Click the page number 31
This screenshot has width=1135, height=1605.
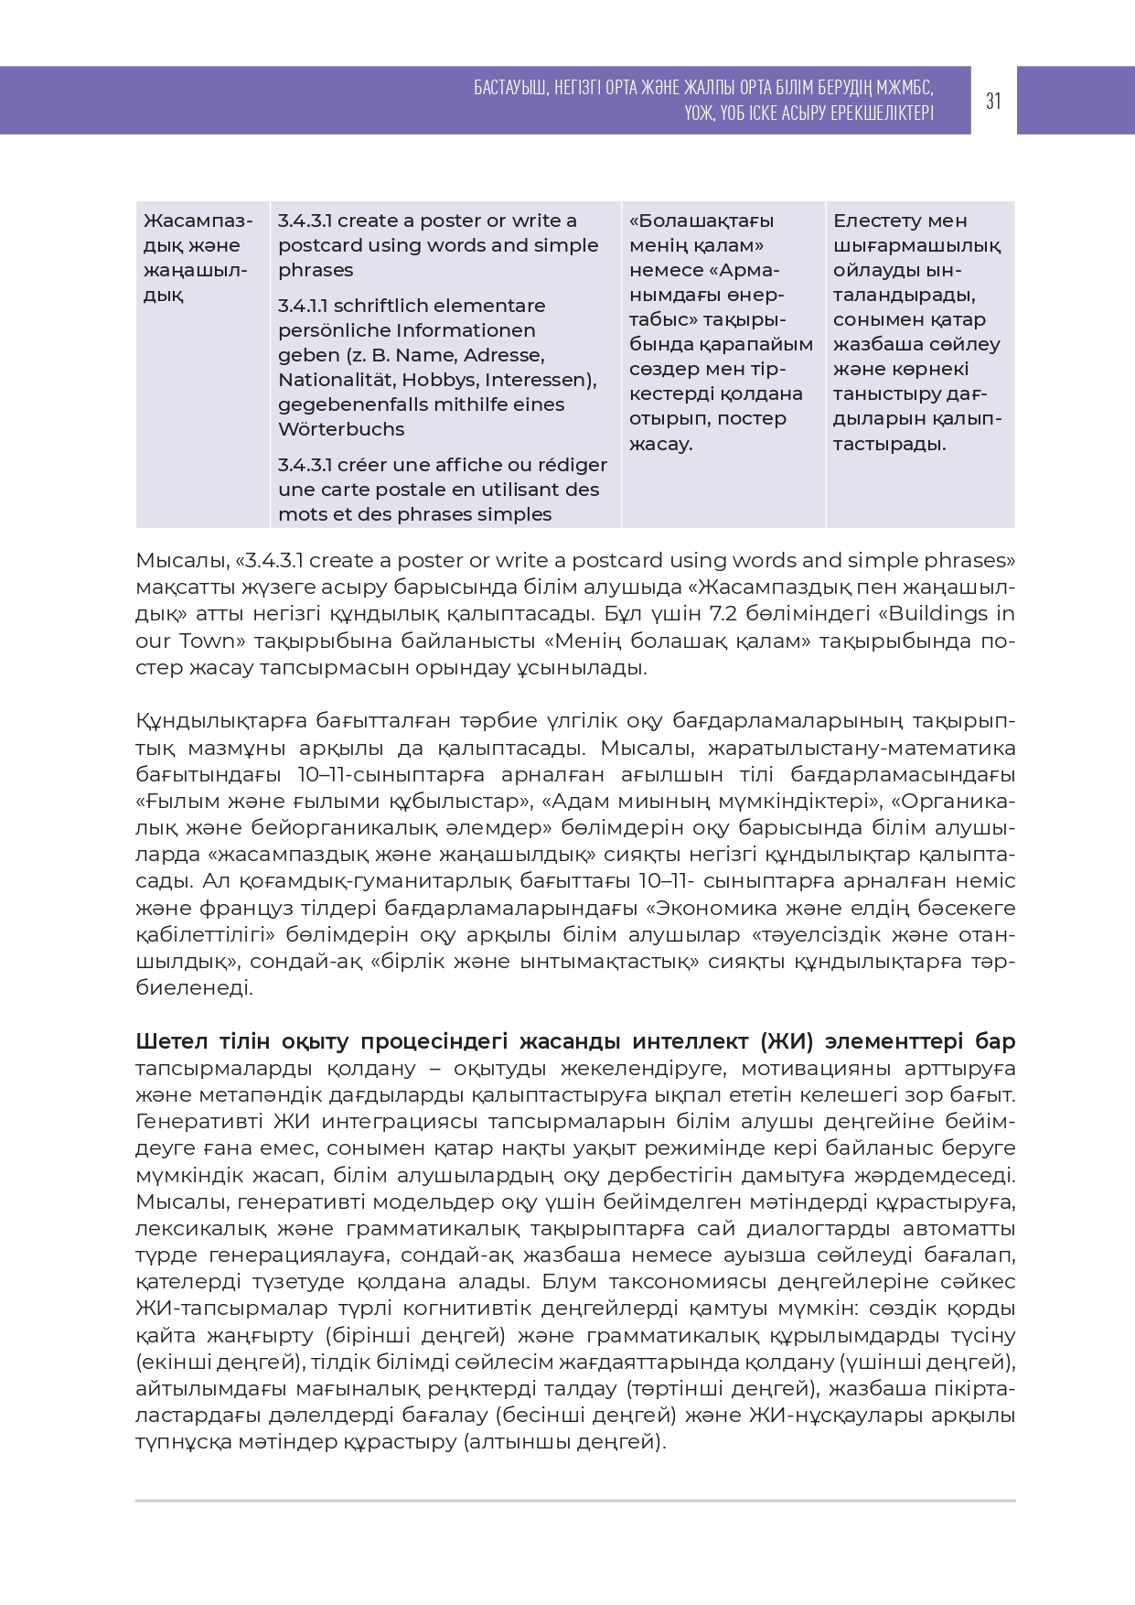(993, 101)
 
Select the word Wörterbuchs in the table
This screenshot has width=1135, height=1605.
(341, 429)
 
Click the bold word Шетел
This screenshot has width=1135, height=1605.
(173, 1042)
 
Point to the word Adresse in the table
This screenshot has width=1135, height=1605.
(503, 355)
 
